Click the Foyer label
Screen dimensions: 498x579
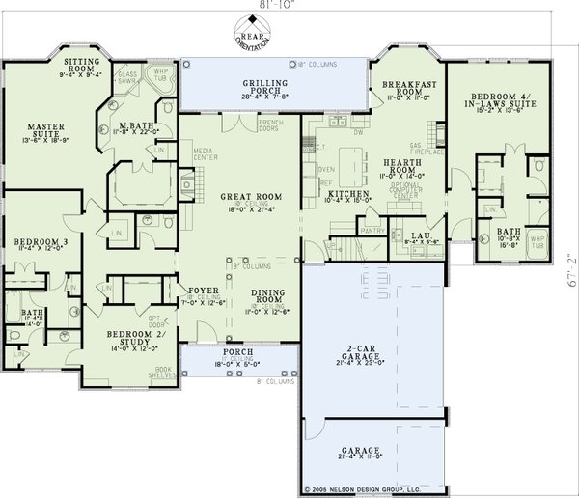[x=202, y=289]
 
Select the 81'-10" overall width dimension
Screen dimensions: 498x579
[x=258, y=5]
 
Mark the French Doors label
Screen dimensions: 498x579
[x=269, y=126]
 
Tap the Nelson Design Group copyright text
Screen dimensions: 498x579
[x=362, y=489]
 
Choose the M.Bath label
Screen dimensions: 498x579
[x=132, y=127]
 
